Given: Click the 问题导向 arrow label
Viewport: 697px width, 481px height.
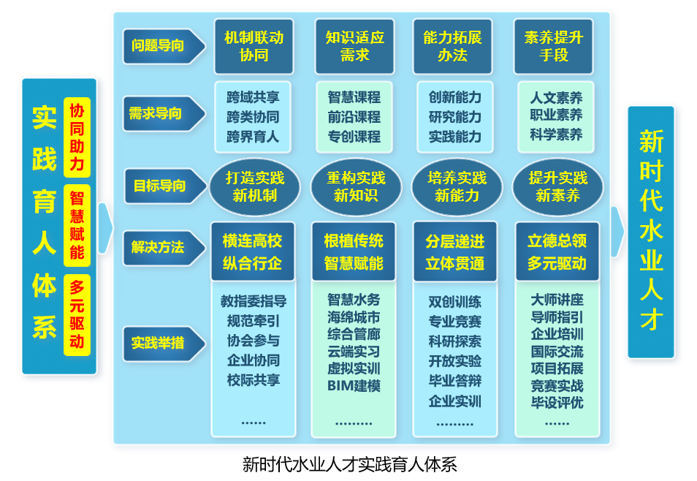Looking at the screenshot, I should (x=158, y=45).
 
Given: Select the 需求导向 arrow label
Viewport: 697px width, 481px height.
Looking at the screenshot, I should (x=158, y=113).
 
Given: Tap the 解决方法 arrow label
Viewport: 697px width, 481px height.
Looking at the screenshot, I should (x=158, y=246).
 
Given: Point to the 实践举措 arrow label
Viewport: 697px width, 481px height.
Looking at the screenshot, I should (x=158, y=342).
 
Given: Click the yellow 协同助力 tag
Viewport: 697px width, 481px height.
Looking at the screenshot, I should (x=77, y=137).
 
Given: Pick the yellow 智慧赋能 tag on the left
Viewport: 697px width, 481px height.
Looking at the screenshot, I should (x=77, y=225).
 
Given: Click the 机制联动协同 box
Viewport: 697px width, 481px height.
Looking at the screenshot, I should (x=254, y=46).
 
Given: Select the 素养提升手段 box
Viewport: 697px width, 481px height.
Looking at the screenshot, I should (x=553, y=46).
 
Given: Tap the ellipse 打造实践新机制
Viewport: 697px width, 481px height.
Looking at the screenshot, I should (x=254, y=186).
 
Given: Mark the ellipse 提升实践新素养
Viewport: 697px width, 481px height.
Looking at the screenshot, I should (x=557, y=186).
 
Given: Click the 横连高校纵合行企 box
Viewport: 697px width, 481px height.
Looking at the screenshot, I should (x=253, y=251).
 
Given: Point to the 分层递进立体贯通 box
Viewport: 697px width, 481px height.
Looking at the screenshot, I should (x=454, y=251).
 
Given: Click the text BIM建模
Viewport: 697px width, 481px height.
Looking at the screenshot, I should (x=354, y=385).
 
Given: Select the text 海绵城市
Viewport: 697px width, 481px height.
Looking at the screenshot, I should (x=354, y=317).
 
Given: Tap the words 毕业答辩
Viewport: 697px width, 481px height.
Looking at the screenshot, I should (x=454, y=381).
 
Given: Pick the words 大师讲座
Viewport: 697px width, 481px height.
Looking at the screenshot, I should (x=557, y=300).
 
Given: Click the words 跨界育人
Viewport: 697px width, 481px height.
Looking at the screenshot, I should (x=253, y=136).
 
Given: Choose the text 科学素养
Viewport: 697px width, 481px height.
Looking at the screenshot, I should (x=556, y=135).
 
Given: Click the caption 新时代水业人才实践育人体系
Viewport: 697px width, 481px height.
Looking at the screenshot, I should (x=349, y=463).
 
